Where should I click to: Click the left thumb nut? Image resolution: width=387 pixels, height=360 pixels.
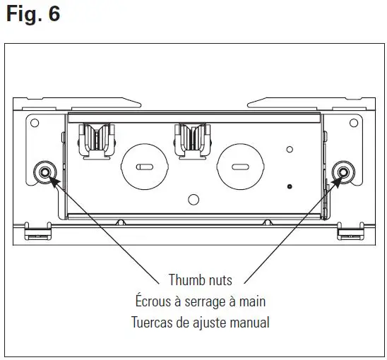pos(45,172)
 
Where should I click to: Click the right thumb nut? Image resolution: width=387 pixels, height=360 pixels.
pos(344,172)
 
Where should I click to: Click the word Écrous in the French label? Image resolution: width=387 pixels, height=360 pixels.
pos(155,301)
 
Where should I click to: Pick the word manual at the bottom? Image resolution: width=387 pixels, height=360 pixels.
pos(249,323)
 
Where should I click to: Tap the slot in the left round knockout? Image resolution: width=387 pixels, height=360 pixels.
pos(143,167)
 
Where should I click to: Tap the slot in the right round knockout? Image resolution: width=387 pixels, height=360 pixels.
pos(239,167)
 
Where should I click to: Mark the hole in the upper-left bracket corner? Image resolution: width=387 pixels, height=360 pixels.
pos(35,123)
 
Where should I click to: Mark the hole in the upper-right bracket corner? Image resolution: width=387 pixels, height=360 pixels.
pos(354,123)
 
